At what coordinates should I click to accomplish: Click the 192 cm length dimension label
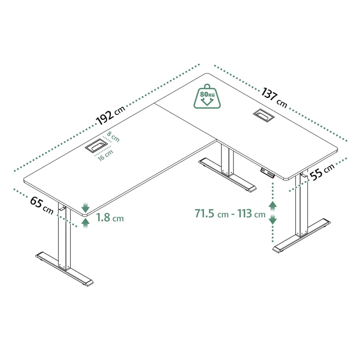click(x=110, y=115)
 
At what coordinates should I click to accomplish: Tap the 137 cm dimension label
click(x=274, y=97)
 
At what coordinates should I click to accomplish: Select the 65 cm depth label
click(x=42, y=205)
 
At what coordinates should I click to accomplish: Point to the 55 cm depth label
click(x=322, y=172)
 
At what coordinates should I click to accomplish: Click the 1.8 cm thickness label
click(x=110, y=218)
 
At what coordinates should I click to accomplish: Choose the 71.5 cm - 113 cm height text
click(x=230, y=213)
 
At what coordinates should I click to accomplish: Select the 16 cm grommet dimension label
click(x=106, y=155)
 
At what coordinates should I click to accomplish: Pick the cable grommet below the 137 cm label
click(x=264, y=114)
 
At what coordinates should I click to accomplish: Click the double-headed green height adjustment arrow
click(x=272, y=213)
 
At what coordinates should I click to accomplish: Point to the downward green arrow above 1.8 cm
click(x=86, y=207)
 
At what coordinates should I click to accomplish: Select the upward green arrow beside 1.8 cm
click(x=86, y=223)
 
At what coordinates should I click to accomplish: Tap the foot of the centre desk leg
click(x=227, y=174)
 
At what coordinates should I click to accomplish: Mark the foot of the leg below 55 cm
click(x=302, y=236)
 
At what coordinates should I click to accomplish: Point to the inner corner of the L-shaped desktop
click(x=217, y=140)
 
